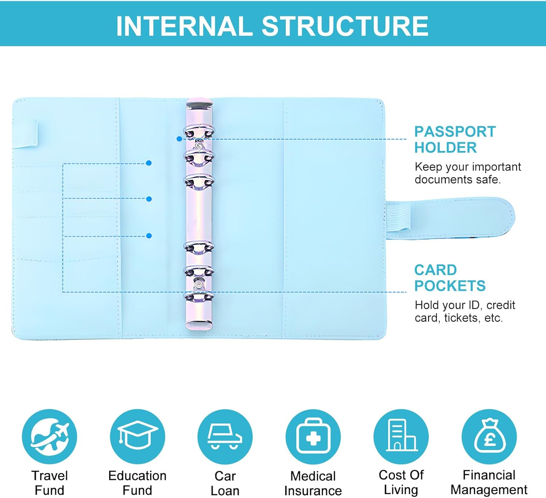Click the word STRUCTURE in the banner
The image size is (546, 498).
[345, 26]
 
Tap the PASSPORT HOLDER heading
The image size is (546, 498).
[455, 140]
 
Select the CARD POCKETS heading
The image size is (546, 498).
[450, 278]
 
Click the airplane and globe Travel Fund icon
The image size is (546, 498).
[50, 437]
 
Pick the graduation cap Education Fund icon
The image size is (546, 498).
[137, 437]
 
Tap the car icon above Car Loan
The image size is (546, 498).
[225, 437]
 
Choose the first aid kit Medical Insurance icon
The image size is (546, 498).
[313, 437]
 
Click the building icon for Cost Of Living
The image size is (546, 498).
[401, 437]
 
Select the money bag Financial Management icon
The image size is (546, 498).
[489, 437]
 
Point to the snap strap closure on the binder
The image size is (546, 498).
[451, 215]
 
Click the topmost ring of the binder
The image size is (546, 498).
[199, 132]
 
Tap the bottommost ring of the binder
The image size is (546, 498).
[199, 296]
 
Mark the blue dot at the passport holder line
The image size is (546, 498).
[179, 139]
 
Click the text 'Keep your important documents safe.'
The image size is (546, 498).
[468, 173]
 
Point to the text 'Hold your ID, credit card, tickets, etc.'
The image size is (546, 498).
[465, 311]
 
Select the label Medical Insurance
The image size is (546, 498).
[313, 483]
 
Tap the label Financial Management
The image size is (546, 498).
[489, 482]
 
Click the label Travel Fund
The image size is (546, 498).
[50, 483]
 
